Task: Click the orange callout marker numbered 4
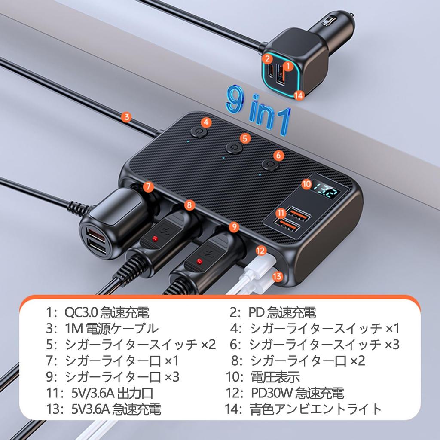click(x=207, y=122)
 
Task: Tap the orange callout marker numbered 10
click(x=306, y=183)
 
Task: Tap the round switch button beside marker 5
click(x=233, y=148)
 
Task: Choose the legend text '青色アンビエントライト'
click(x=315, y=409)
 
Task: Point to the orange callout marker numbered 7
click(x=148, y=186)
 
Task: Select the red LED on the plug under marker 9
click(x=199, y=261)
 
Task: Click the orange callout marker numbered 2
click(x=267, y=58)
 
